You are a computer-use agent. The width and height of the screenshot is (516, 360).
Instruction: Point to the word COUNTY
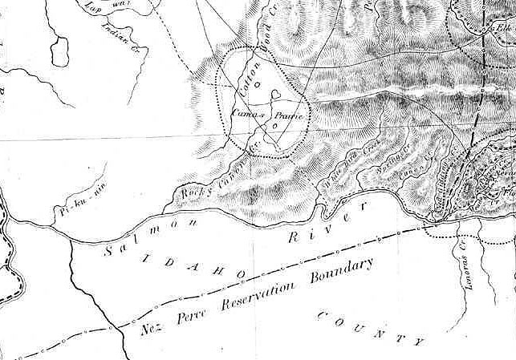[370, 324]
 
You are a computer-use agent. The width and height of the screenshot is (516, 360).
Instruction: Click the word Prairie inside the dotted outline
[286, 117]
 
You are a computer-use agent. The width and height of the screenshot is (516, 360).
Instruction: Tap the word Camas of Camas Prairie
[243, 115]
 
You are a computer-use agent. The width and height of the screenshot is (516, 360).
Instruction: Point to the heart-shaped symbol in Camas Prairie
[275, 95]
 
